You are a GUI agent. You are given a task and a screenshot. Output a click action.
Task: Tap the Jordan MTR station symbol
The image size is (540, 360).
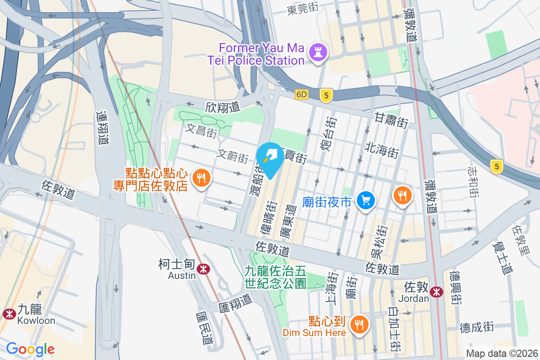click(x=436, y=292)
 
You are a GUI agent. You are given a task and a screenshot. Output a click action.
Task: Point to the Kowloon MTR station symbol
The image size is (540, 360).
click(x=8, y=314)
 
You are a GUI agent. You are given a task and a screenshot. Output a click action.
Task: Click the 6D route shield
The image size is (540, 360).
click(x=301, y=95)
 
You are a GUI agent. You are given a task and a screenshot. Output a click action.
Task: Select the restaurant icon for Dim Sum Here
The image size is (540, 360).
click(x=359, y=324)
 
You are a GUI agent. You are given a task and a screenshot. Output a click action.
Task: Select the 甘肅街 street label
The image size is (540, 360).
click(x=391, y=121)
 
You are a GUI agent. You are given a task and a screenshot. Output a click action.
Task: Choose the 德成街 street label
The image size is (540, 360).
click(x=477, y=327)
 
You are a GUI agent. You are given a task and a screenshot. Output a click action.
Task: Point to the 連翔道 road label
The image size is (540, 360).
click(x=103, y=128)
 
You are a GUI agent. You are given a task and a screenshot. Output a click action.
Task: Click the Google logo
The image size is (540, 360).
click(x=30, y=349)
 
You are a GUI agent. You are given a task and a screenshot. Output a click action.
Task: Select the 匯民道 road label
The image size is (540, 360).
click(x=204, y=329)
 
